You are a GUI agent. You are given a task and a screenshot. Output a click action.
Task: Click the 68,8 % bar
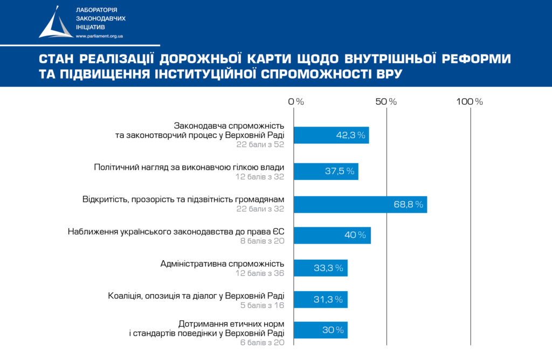(x=360, y=205)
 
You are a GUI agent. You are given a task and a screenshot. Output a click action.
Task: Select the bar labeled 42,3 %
(x=331, y=135)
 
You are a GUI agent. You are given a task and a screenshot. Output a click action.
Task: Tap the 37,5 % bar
(x=326, y=171)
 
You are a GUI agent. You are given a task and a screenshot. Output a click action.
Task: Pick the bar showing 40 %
(x=332, y=236)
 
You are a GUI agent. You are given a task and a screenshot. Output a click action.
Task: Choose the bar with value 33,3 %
(x=320, y=268)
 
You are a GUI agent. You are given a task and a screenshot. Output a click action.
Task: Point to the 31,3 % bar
(x=320, y=300)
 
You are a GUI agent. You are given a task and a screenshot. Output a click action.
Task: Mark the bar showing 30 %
(x=320, y=330)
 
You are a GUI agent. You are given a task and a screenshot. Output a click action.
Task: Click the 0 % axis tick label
(x=296, y=101)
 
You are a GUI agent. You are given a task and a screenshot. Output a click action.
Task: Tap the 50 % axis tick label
(x=386, y=101)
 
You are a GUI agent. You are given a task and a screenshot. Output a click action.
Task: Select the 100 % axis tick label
(x=470, y=101)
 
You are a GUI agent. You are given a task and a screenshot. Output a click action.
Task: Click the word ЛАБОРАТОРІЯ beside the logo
(x=97, y=11)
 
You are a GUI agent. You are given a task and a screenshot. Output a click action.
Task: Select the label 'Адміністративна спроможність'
(x=222, y=264)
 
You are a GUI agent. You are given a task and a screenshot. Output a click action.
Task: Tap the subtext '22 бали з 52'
(x=260, y=144)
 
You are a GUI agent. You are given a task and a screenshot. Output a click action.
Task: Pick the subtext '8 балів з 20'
(x=262, y=241)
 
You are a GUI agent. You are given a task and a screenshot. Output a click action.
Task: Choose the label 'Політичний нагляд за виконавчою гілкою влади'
(x=189, y=167)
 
